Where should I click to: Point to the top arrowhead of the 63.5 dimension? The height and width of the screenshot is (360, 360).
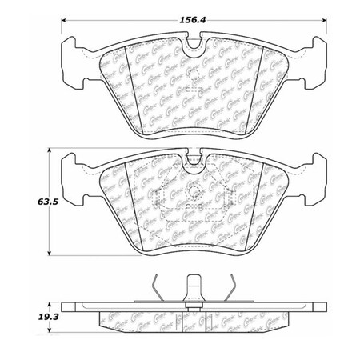click(53, 150)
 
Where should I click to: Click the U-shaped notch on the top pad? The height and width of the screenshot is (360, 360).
click(193, 47)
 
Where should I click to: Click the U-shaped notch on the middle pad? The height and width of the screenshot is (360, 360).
click(193, 163)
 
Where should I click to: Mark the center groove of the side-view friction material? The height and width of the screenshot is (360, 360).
click(193, 318)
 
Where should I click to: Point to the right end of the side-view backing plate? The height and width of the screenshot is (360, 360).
click(319, 306)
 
